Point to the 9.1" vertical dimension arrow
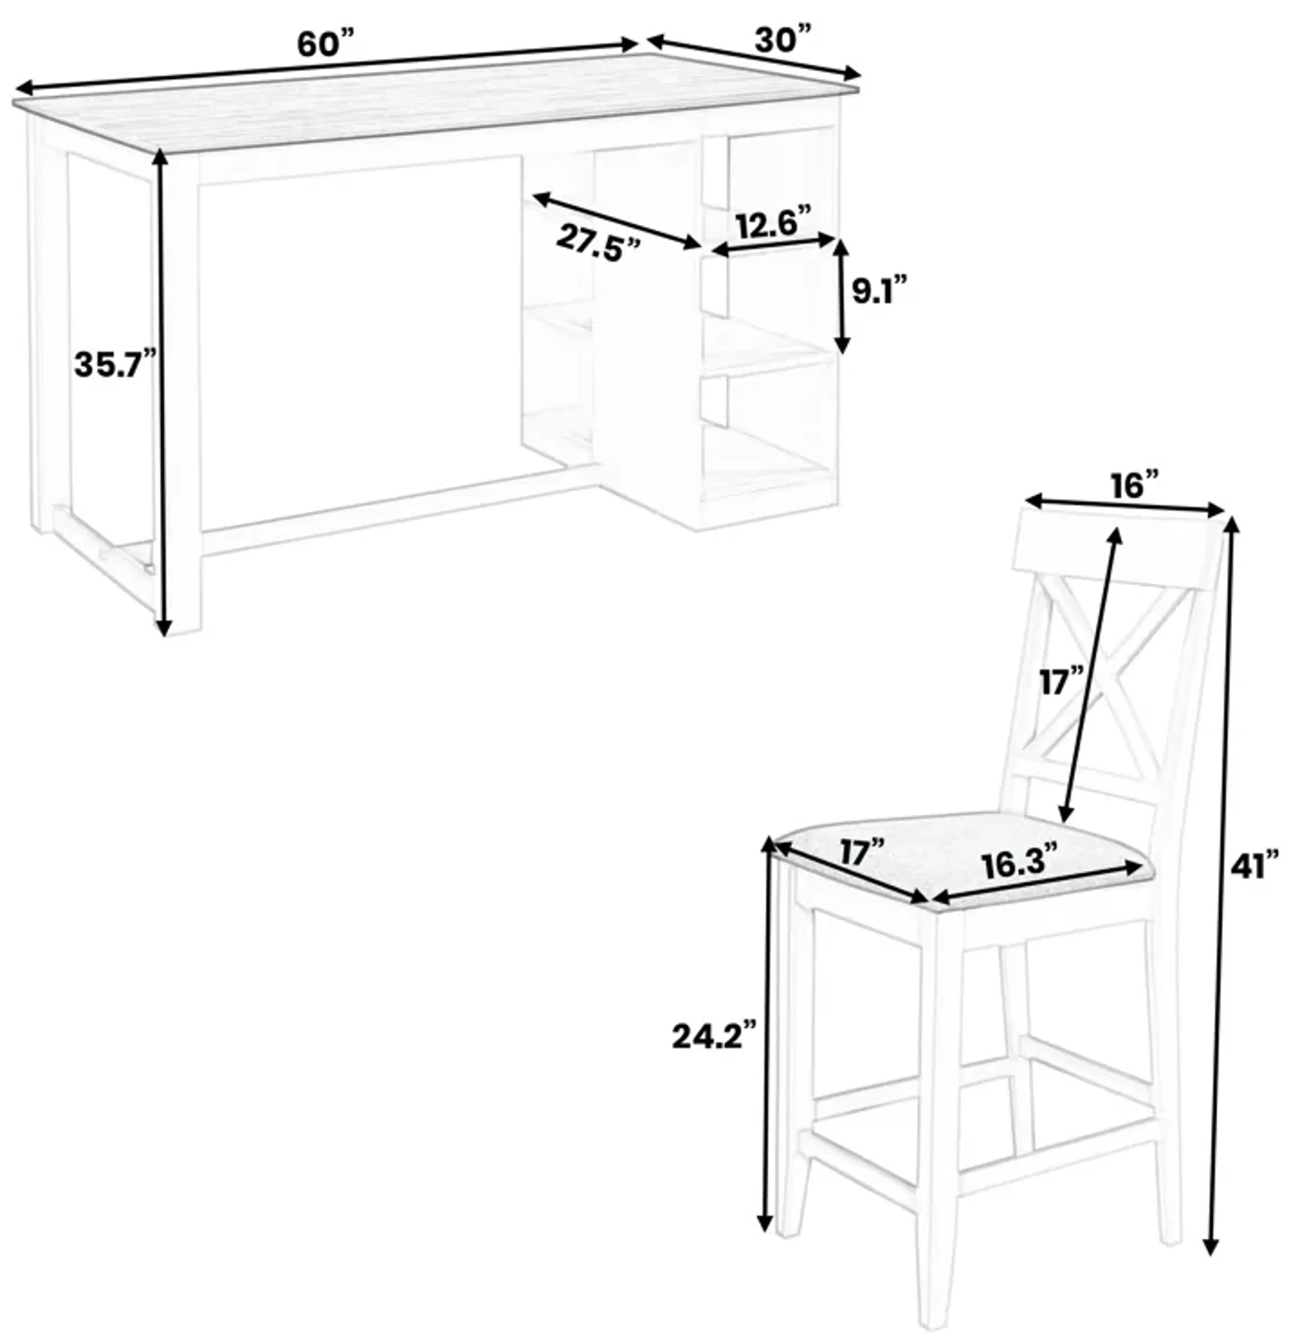842,296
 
